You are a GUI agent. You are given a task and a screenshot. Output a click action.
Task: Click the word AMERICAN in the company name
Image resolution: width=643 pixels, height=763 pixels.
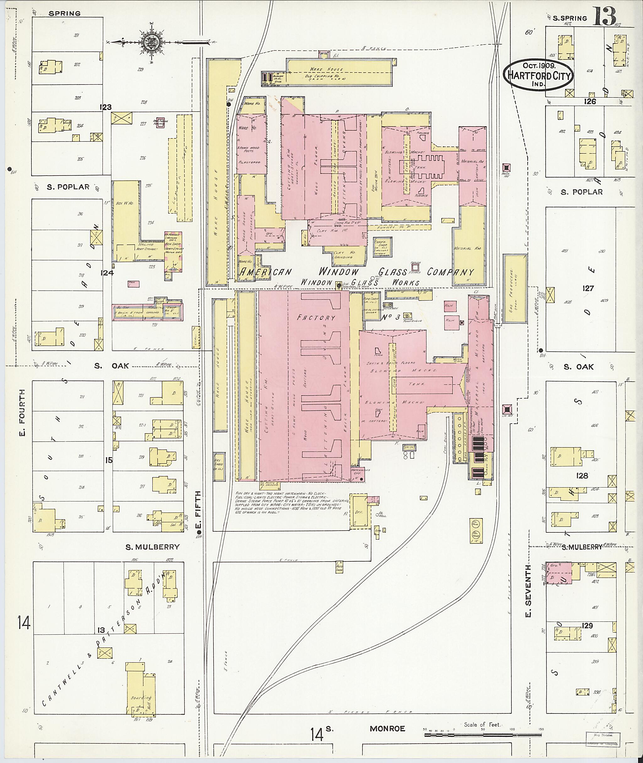tap(265, 272)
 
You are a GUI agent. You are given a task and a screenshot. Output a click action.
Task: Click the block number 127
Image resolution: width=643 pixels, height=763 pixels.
tap(588, 288)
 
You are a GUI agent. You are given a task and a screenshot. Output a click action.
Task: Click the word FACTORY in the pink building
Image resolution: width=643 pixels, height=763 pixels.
tap(316, 317)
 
